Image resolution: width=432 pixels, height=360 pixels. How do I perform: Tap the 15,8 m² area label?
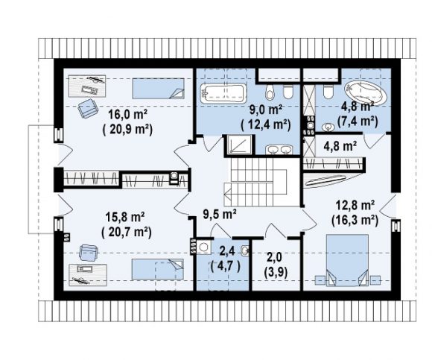click(125, 217)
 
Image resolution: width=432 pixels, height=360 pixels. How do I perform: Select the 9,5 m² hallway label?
click(220, 214)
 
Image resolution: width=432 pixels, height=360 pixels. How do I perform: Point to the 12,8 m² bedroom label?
click(355, 206)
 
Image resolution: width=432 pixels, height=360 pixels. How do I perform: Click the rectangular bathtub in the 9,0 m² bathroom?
click(223, 94)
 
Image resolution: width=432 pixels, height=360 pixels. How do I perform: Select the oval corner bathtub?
click(366, 93)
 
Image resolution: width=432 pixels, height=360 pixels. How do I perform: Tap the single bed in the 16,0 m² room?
click(158, 89)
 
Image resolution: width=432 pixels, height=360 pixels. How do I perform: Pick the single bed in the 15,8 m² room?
click(158, 269)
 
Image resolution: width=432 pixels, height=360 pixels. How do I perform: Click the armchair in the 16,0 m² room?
click(88, 108)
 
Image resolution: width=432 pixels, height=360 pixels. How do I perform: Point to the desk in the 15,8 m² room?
click(88, 275)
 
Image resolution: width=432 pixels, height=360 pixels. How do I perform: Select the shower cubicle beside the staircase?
click(239, 144)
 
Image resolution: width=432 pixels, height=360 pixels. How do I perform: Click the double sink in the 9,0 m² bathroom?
click(279, 150)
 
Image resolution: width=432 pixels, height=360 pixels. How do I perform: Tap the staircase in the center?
click(255, 181)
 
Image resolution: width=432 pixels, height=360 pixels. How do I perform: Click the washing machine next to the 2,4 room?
click(203, 247)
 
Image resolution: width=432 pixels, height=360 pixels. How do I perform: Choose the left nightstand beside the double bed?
click(320, 280)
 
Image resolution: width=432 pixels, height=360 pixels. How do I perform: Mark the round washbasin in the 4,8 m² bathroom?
click(328, 127)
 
